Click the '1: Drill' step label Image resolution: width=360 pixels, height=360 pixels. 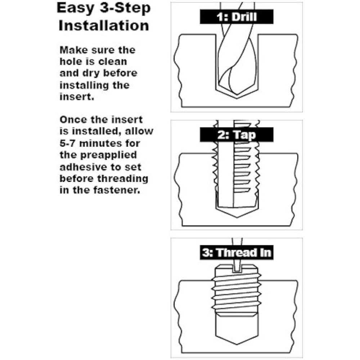tap(237, 17)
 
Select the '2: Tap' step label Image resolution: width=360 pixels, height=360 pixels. tap(237, 135)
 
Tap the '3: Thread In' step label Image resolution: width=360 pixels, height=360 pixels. tap(237, 253)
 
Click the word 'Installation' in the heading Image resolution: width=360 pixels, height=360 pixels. tap(104, 25)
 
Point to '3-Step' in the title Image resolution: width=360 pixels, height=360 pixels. tap(125, 8)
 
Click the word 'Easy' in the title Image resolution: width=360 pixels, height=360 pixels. tap(76, 8)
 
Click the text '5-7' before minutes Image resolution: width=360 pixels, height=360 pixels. tap(67, 144)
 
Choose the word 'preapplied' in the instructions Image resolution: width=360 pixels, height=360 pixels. tap(108, 155)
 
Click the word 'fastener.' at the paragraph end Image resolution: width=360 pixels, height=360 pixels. tap(116, 190)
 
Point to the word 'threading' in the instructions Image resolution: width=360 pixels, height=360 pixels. tap(123, 179)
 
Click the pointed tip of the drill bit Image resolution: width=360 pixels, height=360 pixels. tap(237, 94)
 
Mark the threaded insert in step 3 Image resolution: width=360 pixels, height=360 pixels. tap(237, 291)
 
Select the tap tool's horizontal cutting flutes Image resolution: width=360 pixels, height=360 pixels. tap(242, 170)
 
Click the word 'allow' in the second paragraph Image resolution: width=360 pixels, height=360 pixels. tap(139, 131)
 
